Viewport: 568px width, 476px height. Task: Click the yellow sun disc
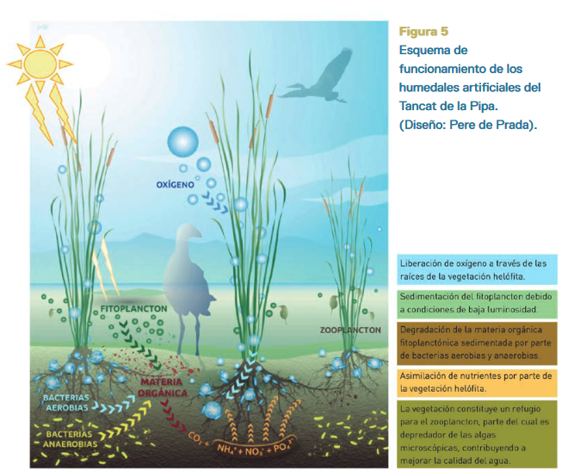pos(40,64)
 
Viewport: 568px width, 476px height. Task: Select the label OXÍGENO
pos(175,185)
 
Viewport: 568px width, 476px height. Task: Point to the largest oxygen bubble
pos(183,142)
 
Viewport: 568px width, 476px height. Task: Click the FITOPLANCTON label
pos(133,309)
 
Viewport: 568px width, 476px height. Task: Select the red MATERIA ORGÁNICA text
pos(163,387)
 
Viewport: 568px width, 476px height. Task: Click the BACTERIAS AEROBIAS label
pos(66,403)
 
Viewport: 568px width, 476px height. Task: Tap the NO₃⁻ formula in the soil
pos(254,451)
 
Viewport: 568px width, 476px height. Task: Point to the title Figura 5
pos(423,32)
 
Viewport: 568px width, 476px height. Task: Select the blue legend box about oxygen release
pos(477,269)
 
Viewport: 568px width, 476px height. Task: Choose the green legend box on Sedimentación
pos(477,304)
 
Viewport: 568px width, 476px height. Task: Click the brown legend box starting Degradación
pos(477,343)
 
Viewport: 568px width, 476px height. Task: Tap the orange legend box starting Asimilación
pos(477,382)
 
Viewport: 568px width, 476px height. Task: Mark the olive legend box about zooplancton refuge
pos(477,434)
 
